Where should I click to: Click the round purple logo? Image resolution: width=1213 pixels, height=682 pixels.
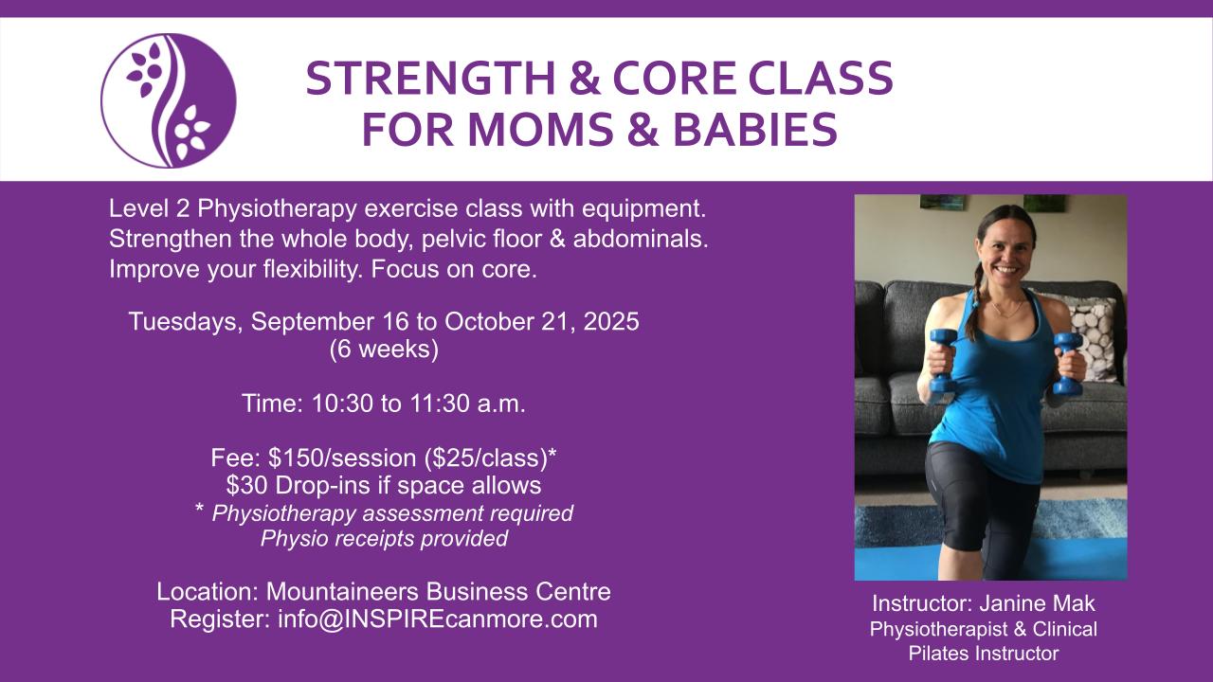pyautogui.click(x=169, y=100)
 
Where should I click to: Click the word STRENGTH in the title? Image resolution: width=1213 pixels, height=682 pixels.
pyautogui.click(x=430, y=79)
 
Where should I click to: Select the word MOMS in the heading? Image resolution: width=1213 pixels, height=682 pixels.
pyautogui.click(x=541, y=130)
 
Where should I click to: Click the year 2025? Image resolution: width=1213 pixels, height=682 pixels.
pyautogui.click(x=611, y=321)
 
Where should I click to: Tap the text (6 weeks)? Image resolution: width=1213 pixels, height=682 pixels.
pyautogui.click(x=384, y=350)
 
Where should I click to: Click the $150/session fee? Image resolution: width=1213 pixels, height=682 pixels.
pyautogui.click(x=342, y=458)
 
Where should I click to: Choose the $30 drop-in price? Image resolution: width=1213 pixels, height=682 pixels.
pyautogui.click(x=247, y=486)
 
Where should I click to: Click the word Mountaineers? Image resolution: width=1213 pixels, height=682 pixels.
pyautogui.click(x=342, y=592)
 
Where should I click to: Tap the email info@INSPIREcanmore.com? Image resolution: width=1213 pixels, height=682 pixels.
pyautogui.click(x=438, y=619)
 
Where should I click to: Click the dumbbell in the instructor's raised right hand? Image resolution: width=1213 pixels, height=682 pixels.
pyautogui.click(x=942, y=361)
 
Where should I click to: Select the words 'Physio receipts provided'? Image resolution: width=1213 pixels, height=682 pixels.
pyautogui.click(x=384, y=539)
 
